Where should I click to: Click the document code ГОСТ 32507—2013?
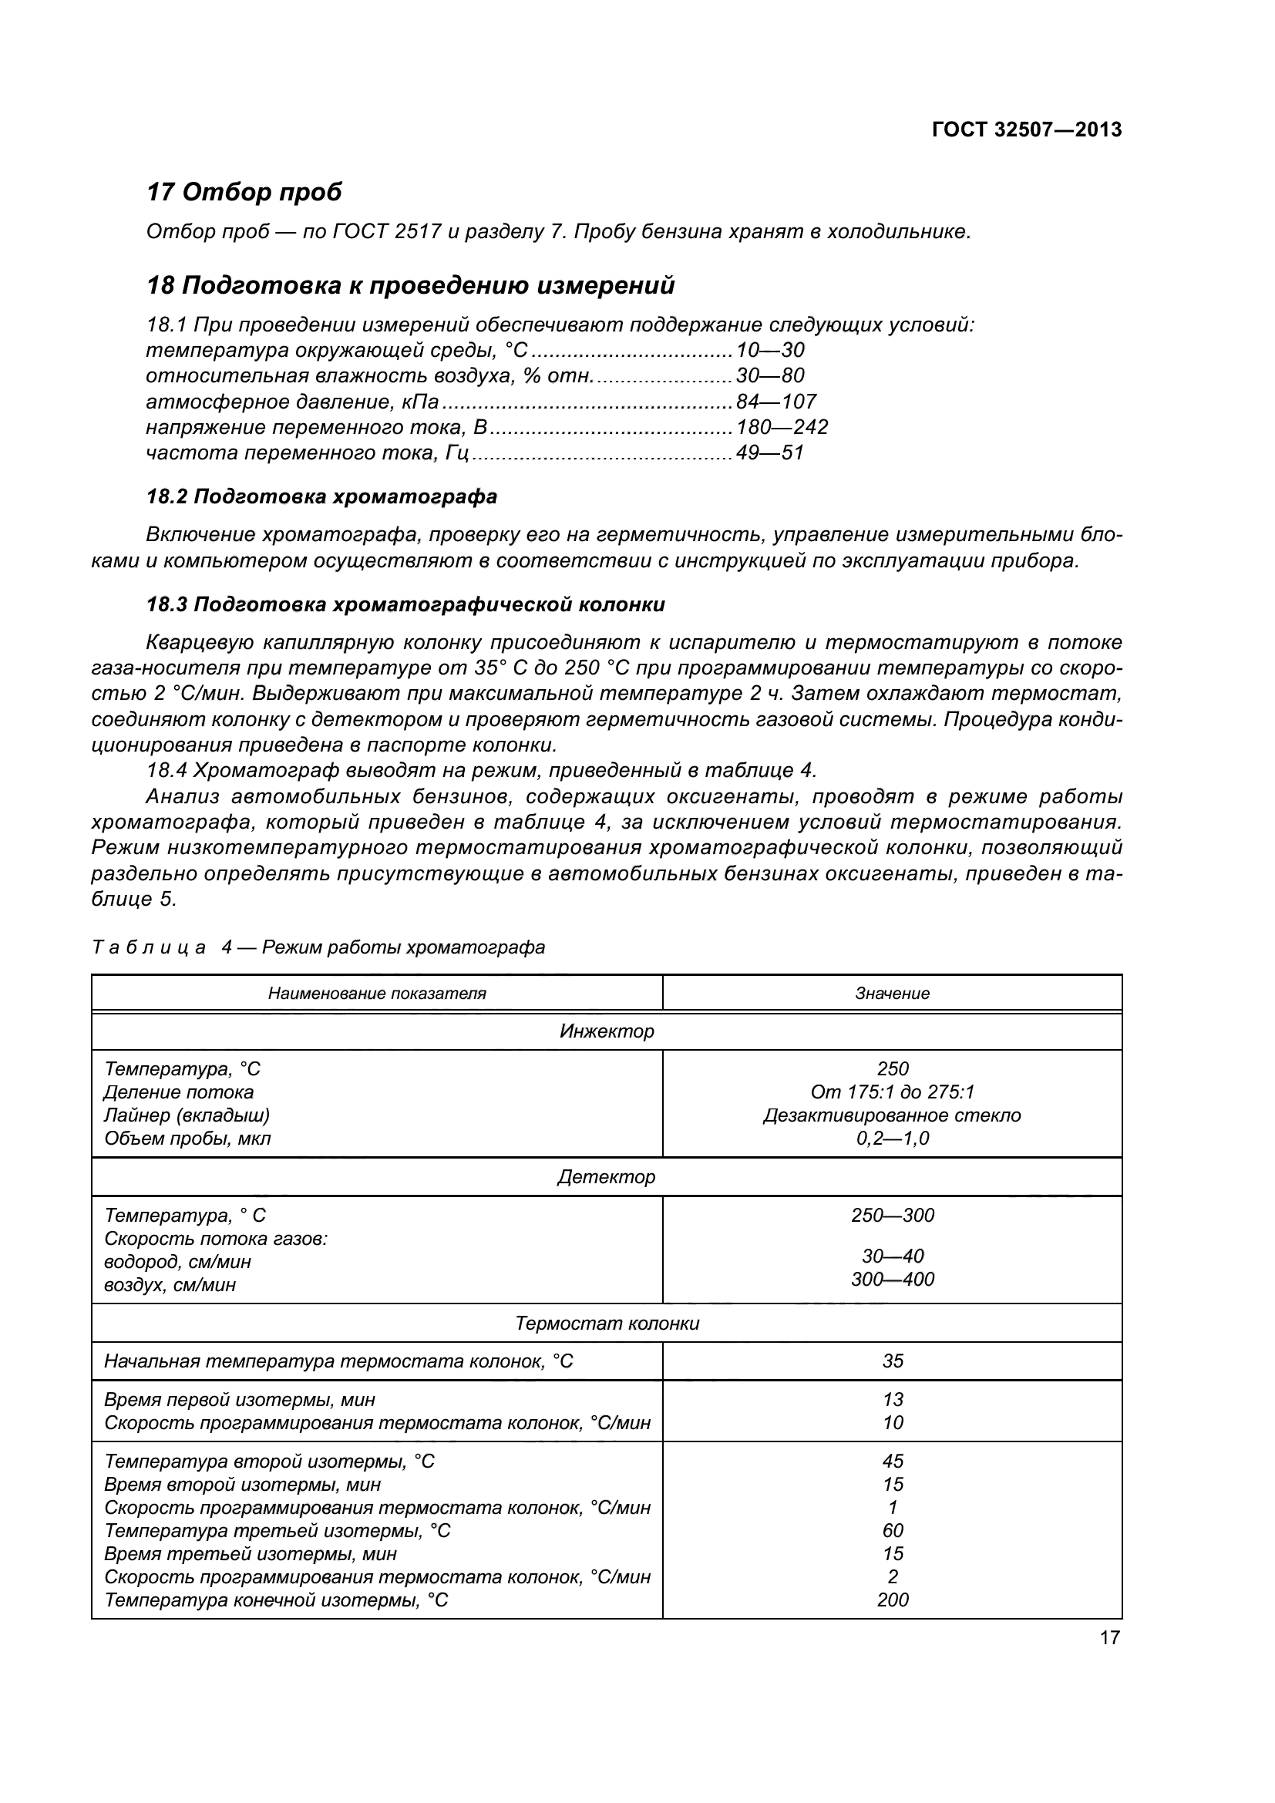(1026, 130)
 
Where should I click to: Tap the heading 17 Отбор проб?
(244, 192)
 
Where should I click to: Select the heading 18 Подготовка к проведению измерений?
(411, 285)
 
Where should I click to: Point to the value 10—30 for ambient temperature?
(769, 350)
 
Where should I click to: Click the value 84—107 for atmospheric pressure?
(775, 402)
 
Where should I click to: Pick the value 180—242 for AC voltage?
(782, 427)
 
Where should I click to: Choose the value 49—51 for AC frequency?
(769, 453)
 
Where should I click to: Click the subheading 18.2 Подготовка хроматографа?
(322, 496)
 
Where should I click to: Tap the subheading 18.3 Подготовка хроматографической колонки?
(406, 604)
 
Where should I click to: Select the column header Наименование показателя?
(377, 994)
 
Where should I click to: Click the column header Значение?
(892, 994)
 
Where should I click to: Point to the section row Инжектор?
(606, 1031)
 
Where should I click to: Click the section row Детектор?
(606, 1177)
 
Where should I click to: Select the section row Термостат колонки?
(606, 1324)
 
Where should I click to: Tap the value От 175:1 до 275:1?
(892, 1092)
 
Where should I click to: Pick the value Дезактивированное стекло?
(892, 1115)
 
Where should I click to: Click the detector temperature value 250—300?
(892, 1216)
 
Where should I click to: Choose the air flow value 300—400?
(892, 1280)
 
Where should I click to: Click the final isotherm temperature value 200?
(892, 1599)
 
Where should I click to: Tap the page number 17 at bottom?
(1109, 1638)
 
